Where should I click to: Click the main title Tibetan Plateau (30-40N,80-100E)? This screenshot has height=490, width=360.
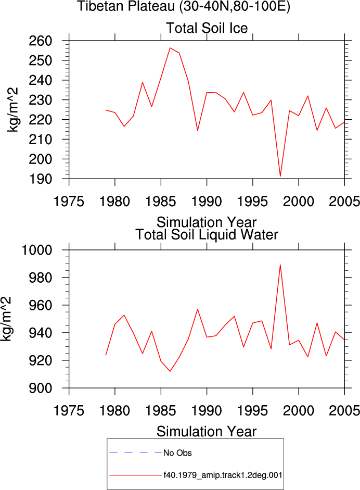pyautogui.click(x=184, y=6)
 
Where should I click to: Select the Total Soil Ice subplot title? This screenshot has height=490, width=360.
pyautogui.click(x=207, y=28)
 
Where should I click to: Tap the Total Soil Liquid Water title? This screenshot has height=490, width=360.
pyautogui.click(x=207, y=235)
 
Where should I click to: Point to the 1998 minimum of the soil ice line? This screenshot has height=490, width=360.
pyautogui.click(x=280, y=176)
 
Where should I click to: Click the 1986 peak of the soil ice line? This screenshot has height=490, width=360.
pyautogui.click(x=170, y=48)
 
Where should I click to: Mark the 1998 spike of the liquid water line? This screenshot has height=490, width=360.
pyautogui.click(x=280, y=265)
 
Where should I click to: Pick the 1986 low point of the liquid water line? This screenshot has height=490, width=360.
pyautogui.click(x=170, y=371)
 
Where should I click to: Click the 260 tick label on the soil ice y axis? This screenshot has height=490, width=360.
pyautogui.click(x=40, y=41)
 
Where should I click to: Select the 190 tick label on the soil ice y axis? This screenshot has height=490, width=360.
pyautogui.click(x=40, y=179)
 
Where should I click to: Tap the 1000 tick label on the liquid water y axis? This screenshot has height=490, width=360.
pyautogui.click(x=36, y=250)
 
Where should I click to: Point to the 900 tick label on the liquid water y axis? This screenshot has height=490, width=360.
pyautogui.click(x=40, y=388)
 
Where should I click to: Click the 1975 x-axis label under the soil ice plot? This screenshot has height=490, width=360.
pyautogui.click(x=69, y=202)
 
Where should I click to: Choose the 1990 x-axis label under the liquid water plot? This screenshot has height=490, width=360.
pyautogui.click(x=207, y=411)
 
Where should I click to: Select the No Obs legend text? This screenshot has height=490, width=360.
pyautogui.click(x=177, y=453)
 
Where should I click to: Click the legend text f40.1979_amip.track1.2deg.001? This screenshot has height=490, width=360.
pyautogui.click(x=223, y=475)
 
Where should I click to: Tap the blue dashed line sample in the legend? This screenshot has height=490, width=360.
pyautogui.click(x=136, y=453)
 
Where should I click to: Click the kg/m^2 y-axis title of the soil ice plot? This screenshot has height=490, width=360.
pyautogui.click(x=13, y=110)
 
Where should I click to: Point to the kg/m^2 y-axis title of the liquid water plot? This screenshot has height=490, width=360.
pyautogui.click(x=6, y=319)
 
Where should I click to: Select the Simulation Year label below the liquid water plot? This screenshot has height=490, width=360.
pyautogui.click(x=207, y=432)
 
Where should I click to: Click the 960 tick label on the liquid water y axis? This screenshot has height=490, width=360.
pyautogui.click(x=40, y=305)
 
